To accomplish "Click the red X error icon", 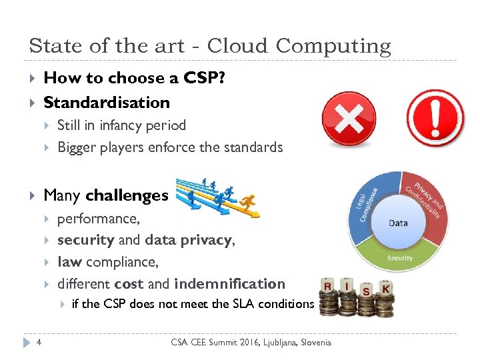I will click(349, 117).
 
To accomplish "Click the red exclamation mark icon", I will click(435, 117).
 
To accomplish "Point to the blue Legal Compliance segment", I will click(369, 204).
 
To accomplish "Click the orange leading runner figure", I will click(249, 203).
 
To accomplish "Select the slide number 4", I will click(40, 343).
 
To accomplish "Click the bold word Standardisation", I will click(107, 102).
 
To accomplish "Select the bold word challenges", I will click(127, 195).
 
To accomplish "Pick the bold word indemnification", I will click(229, 283).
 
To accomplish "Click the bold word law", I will click(69, 262).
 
